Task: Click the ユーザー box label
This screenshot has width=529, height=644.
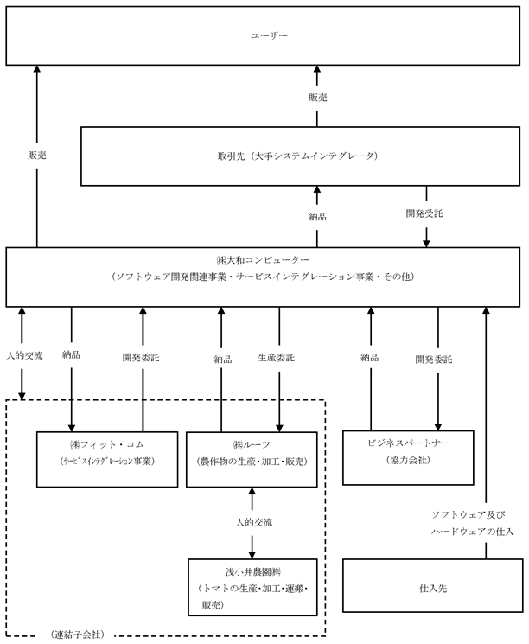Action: [269, 35]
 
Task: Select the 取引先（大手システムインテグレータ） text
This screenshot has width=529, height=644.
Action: [298, 156]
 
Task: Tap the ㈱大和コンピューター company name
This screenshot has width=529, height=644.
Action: [264, 260]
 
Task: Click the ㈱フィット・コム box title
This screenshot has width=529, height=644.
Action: [107, 444]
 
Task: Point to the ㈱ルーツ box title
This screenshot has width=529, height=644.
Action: [252, 445]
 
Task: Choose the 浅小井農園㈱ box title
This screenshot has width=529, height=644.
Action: [253, 571]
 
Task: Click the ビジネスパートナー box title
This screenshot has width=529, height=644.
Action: [408, 443]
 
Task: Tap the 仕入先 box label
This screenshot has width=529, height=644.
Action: [433, 588]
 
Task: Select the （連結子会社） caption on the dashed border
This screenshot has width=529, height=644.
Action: [78, 634]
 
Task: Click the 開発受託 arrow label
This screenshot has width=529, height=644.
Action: [424, 214]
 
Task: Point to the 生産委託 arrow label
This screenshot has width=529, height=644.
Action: [276, 358]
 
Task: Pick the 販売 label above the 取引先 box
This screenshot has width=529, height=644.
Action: [318, 98]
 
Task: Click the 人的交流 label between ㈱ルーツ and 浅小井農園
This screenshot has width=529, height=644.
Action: [253, 522]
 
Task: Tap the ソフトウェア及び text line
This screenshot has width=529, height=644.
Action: [468, 514]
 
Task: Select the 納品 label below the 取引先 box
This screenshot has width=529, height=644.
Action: [317, 216]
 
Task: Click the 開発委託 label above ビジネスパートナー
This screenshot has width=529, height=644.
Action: [434, 360]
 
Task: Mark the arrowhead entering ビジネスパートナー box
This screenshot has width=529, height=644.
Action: [438, 426]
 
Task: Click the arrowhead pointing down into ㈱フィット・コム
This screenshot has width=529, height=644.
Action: [72, 428]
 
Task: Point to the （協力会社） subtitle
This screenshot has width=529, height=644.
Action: [408, 460]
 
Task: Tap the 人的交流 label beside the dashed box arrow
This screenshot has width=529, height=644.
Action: [24, 355]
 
